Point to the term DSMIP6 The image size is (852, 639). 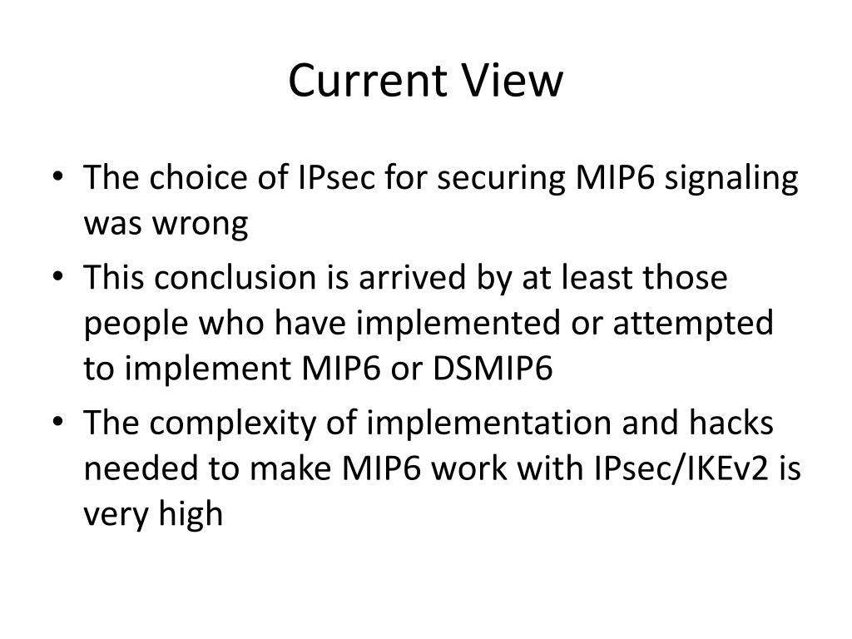click(493, 369)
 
